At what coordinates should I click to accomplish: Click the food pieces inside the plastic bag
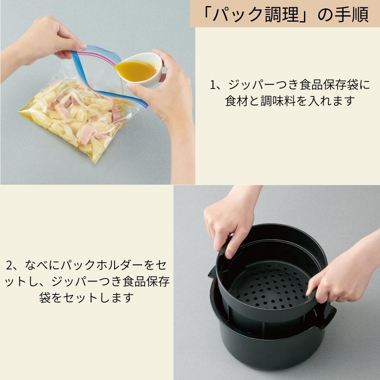76,118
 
